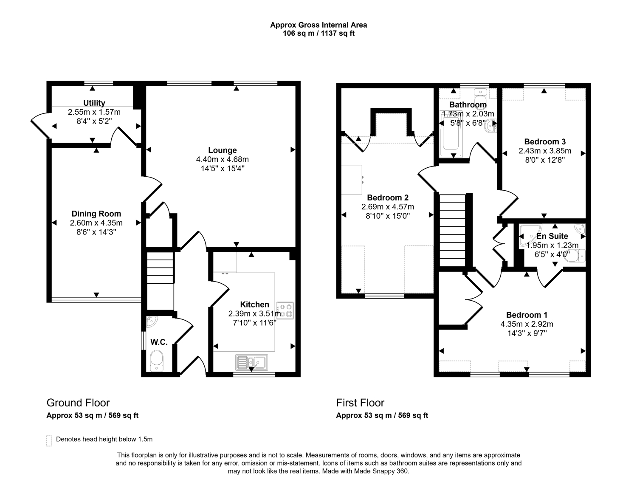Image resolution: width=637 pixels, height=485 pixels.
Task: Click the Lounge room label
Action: click(x=222, y=150)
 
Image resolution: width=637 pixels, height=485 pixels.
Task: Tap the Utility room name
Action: click(x=94, y=103)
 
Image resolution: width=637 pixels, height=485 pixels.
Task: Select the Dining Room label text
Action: click(x=96, y=214)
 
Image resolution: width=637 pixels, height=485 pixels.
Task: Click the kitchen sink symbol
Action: click(x=251, y=363)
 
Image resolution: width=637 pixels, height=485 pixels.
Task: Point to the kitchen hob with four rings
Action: click(x=285, y=310)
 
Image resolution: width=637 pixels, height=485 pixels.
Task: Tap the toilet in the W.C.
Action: click(x=157, y=361)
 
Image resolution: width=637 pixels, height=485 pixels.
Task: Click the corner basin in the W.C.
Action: click(x=152, y=321)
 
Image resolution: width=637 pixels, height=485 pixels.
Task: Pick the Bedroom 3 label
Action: click(x=545, y=142)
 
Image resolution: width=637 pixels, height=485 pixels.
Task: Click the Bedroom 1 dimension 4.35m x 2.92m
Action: click(x=527, y=324)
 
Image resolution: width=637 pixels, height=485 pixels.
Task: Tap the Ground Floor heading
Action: click(x=78, y=403)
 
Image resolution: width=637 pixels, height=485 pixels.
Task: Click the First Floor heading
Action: click(x=360, y=403)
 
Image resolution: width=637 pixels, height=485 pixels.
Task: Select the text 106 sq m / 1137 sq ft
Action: click(x=318, y=33)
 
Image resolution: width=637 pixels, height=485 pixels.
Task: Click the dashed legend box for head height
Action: click(x=49, y=440)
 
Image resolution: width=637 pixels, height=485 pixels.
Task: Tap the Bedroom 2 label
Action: click(x=388, y=197)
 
